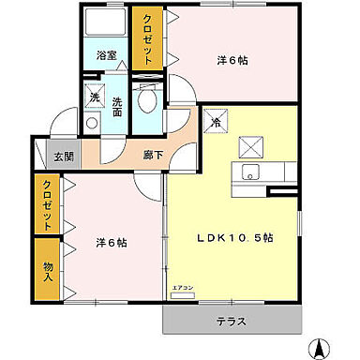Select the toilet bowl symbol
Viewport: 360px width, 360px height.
[146, 101]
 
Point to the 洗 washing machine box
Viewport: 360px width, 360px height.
[95, 97]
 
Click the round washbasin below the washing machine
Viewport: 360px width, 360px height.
[92, 122]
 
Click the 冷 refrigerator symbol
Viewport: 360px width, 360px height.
[216, 121]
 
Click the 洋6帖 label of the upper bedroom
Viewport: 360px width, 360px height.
[233, 61]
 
